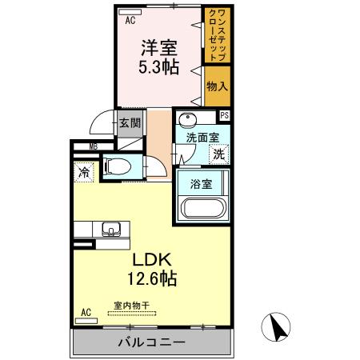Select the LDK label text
coord(150,261)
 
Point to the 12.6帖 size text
coord(150,280)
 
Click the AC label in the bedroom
coord(129,22)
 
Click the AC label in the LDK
coord(86,312)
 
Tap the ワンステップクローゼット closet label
coord(216,35)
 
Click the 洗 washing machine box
coord(218,154)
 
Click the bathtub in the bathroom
coord(205,209)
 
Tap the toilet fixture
coord(121,166)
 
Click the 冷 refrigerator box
coord(83,172)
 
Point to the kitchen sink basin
coord(110,228)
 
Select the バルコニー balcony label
coord(152,342)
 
